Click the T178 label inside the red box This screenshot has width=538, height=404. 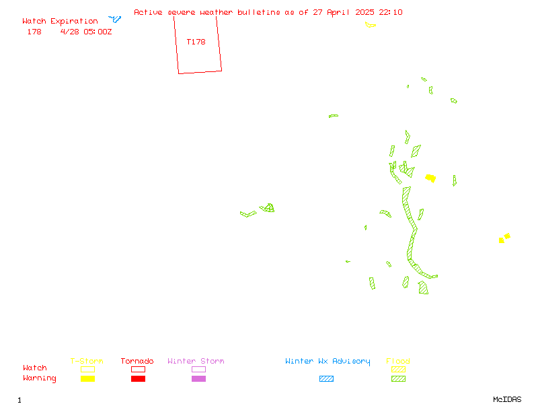tap(196, 42)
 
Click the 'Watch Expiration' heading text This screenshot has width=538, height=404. tap(60, 22)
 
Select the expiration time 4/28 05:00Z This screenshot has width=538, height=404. tap(86, 32)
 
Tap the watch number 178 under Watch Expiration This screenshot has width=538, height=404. tap(34, 32)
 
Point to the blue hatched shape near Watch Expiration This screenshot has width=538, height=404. tap(115, 19)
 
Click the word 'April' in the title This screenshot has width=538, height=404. tap(338, 12)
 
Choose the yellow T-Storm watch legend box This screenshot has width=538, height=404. tap(88, 369)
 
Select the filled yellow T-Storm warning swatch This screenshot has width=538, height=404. tap(88, 378)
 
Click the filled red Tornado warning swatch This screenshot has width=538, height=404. tap(139, 378)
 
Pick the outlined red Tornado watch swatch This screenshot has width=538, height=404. tap(139, 369)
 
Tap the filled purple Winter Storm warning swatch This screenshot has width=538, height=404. tap(198, 378)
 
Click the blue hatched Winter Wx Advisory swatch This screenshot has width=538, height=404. tap(326, 378)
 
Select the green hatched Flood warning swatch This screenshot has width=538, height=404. tap(398, 378)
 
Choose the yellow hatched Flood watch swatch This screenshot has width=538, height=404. tap(398, 369)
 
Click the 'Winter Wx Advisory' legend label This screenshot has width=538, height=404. tap(328, 362)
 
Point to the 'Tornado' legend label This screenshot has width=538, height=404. tap(137, 361)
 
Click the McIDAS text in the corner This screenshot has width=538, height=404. tap(507, 399)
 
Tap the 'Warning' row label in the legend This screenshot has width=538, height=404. tap(40, 378)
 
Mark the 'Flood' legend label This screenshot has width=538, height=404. tap(398, 361)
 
